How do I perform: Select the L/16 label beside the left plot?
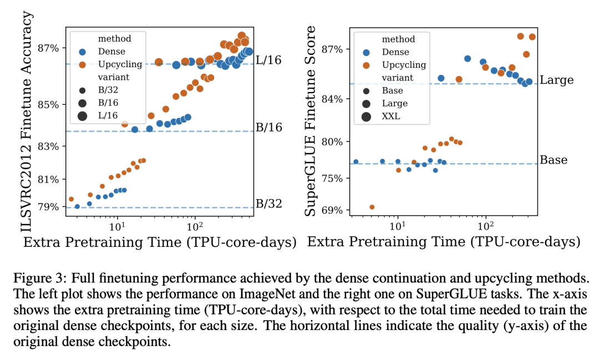click(x=268, y=60)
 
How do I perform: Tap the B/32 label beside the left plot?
click(x=268, y=204)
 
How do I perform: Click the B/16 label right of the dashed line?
click(x=268, y=128)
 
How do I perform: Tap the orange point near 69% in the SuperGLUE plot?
click(x=372, y=207)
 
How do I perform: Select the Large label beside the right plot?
click(x=556, y=80)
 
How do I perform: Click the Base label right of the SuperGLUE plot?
click(x=554, y=160)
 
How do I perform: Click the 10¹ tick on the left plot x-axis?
click(x=116, y=227)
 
